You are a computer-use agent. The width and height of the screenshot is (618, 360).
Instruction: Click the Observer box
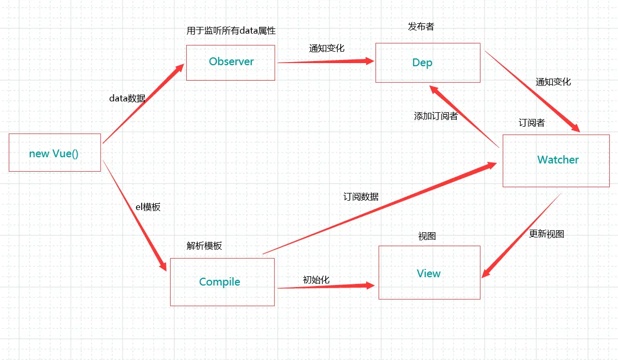click(231, 62)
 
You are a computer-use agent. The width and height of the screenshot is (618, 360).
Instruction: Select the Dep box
click(428, 63)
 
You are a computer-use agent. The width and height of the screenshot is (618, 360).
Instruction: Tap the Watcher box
click(556, 160)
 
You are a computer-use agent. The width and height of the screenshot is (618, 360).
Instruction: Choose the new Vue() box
click(55, 153)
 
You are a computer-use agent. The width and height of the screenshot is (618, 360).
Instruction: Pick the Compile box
click(222, 282)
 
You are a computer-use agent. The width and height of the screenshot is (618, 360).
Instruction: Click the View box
click(429, 273)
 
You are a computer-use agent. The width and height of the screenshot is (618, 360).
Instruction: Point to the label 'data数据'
click(127, 98)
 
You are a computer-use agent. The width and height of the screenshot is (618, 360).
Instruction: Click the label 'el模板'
click(148, 207)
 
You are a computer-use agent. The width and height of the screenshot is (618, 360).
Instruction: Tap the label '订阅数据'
click(361, 197)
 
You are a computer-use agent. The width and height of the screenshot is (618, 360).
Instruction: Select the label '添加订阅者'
click(435, 116)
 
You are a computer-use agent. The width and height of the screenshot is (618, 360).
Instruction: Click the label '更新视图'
click(547, 234)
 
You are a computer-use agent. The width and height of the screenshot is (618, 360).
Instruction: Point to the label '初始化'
click(316, 280)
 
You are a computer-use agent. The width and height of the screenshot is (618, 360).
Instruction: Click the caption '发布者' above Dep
click(421, 27)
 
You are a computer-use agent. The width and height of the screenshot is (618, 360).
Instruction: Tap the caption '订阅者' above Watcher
click(532, 123)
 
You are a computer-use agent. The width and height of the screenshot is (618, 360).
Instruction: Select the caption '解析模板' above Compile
click(204, 246)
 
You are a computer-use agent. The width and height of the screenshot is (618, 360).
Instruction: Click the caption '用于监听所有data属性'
click(231, 31)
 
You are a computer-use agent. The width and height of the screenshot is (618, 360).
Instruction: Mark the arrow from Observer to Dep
click(326, 62)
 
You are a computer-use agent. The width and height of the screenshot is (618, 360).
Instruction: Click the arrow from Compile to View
click(326, 287)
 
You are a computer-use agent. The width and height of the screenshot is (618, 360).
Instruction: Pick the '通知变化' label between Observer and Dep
click(327, 48)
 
